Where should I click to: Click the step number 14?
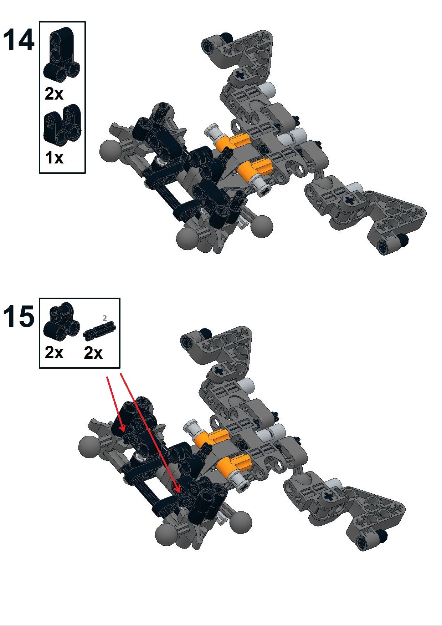point(19,40)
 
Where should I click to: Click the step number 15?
point(19,316)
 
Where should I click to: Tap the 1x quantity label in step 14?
point(54,157)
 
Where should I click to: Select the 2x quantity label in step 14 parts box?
point(54,94)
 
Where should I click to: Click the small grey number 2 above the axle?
point(104,318)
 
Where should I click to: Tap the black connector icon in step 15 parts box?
point(61,321)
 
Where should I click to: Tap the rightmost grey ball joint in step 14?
point(262,226)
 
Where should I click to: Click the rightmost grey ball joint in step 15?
point(241,522)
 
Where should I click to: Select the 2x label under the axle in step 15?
point(93,353)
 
